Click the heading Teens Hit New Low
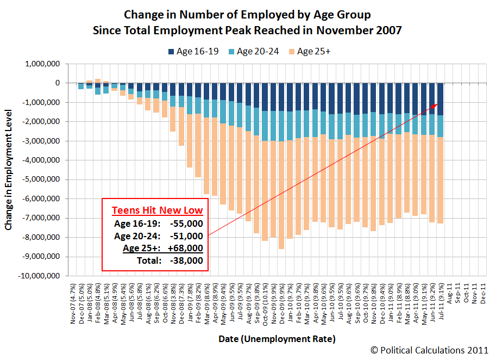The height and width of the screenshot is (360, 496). click(157, 210)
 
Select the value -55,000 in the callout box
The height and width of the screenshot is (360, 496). click(186, 223)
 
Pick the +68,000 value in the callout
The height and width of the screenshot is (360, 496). click(186, 248)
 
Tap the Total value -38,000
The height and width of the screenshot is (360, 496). click(186, 260)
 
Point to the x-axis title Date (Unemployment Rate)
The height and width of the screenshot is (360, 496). click(277, 339)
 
